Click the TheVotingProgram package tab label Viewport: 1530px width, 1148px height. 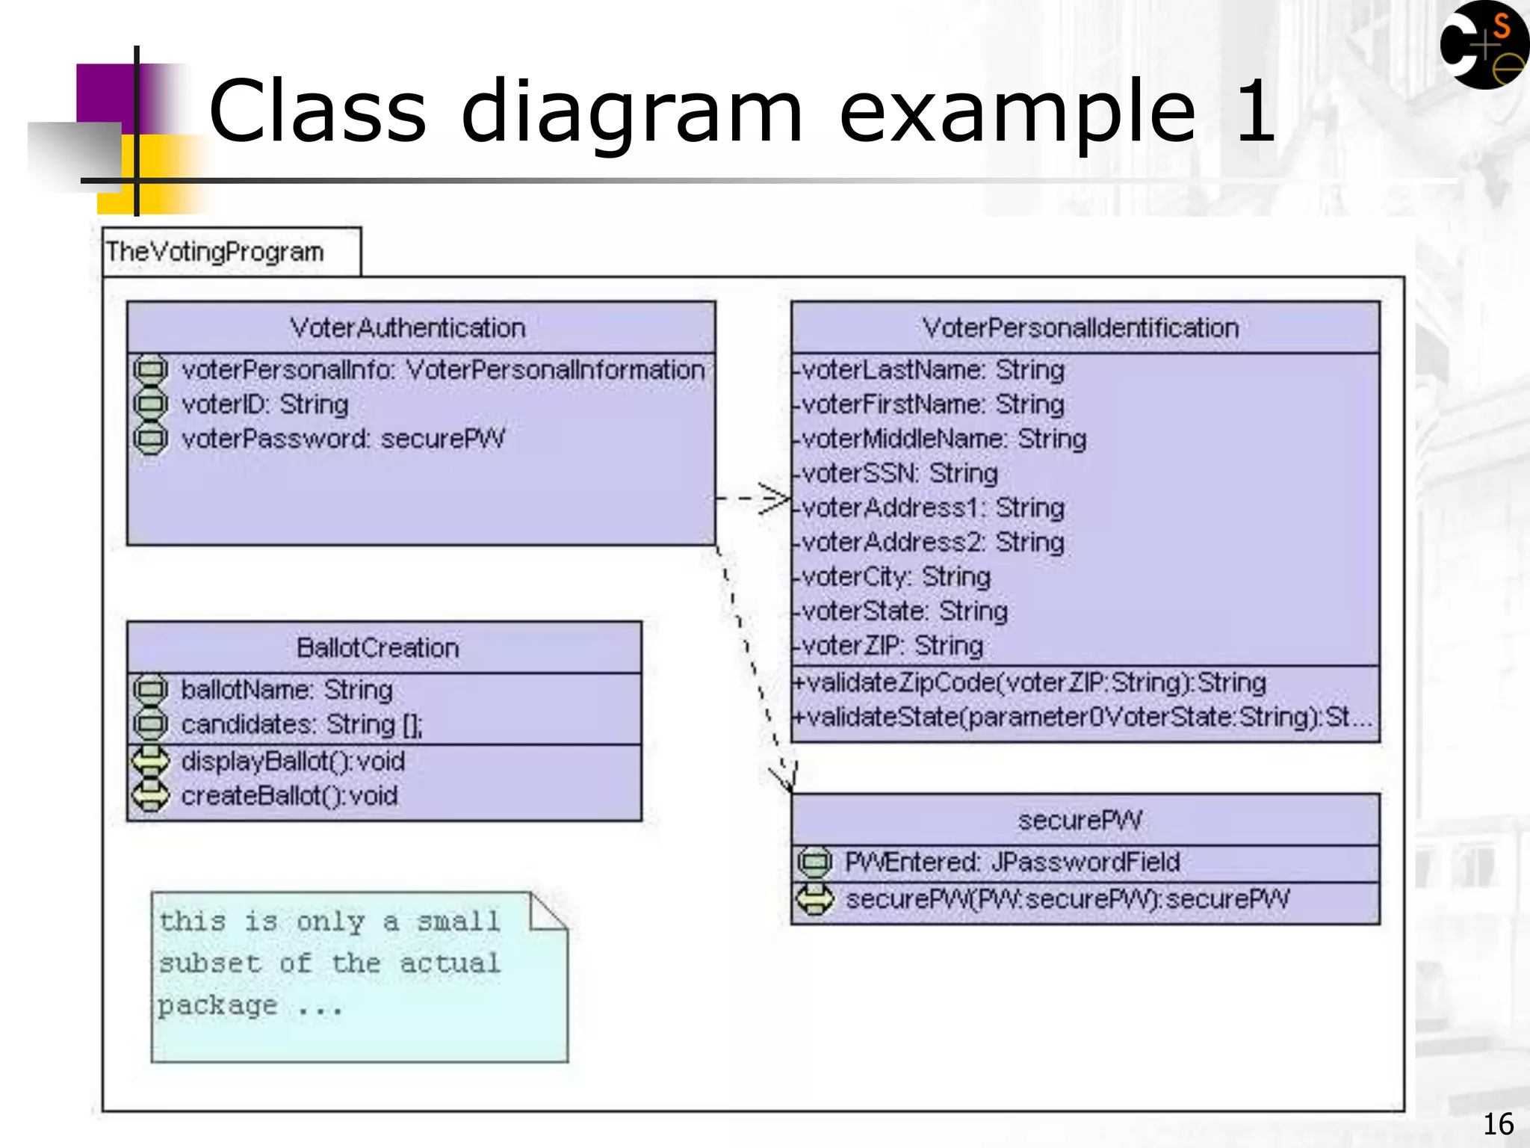[215, 253]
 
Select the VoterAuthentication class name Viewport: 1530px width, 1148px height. [408, 328]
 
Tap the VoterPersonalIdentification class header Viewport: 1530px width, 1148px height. [1080, 328]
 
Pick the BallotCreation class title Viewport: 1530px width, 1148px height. [378, 648]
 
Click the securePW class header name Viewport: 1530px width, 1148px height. [1080, 821]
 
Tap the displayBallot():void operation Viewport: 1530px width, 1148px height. [293, 762]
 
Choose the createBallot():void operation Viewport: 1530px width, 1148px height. [289, 796]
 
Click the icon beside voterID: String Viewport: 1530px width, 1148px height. [150, 404]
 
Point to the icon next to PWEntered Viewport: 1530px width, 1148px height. [814, 862]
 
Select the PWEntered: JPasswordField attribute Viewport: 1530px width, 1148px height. [1012, 862]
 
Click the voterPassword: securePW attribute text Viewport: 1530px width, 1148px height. [343, 439]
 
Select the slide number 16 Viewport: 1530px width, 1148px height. [1498, 1124]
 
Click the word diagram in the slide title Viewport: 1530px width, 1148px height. [632, 112]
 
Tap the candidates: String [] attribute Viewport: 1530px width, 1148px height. [301, 725]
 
